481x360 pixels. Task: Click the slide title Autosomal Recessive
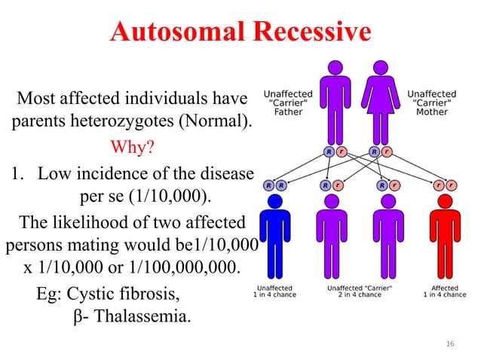[240, 32]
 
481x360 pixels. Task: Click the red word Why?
[133, 145]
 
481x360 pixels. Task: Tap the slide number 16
[451, 343]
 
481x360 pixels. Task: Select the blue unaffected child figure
[274, 237]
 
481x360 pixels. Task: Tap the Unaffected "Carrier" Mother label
[431, 103]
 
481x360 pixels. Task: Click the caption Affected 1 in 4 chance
[444, 291]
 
